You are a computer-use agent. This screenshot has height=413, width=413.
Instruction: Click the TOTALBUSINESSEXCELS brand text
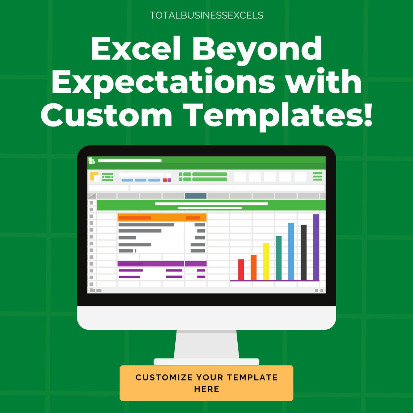[x=206, y=16]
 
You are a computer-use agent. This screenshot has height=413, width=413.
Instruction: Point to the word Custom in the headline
[x=107, y=115]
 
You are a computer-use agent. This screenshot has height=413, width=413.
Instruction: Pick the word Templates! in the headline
[x=279, y=116]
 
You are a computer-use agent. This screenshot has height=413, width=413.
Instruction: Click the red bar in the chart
[x=241, y=270]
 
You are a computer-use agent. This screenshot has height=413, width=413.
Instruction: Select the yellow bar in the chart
[x=266, y=262]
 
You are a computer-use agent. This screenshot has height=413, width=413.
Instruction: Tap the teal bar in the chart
[x=279, y=258]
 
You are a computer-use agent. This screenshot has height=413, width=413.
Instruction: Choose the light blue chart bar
[x=291, y=251]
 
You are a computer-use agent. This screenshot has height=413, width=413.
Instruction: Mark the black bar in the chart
[x=304, y=253]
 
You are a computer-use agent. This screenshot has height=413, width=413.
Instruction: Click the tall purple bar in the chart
[x=316, y=247]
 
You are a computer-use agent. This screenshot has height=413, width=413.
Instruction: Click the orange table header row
[x=162, y=217]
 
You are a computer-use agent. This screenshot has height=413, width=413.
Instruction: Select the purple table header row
[x=162, y=264]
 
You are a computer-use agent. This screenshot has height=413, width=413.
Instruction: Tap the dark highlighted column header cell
[x=196, y=196]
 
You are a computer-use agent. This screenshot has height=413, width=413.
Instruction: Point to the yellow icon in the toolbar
[x=94, y=176]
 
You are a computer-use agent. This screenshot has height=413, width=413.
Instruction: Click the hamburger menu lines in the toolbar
[x=318, y=176]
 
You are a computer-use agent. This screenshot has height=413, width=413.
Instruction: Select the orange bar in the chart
[x=254, y=267]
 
